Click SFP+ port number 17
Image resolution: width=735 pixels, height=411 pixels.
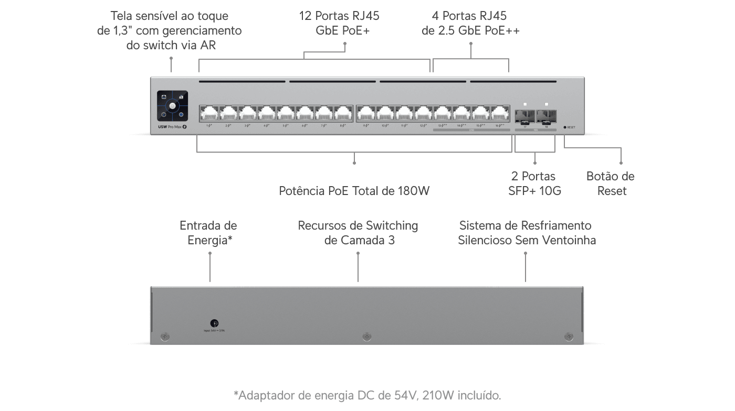point(525,115)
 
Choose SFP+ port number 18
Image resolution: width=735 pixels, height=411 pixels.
point(546,115)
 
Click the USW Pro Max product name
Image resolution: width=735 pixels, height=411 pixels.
point(172,127)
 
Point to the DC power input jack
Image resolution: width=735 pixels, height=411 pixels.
point(214,323)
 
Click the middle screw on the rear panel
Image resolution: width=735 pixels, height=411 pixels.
point(366,336)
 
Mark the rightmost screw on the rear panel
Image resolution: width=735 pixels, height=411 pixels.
point(568,336)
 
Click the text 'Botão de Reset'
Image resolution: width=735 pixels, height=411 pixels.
point(610,183)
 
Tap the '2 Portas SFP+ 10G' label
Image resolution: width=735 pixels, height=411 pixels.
point(534,183)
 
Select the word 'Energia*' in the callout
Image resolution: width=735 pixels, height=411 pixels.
point(210,240)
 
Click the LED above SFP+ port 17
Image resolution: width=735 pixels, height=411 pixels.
point(525,104)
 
